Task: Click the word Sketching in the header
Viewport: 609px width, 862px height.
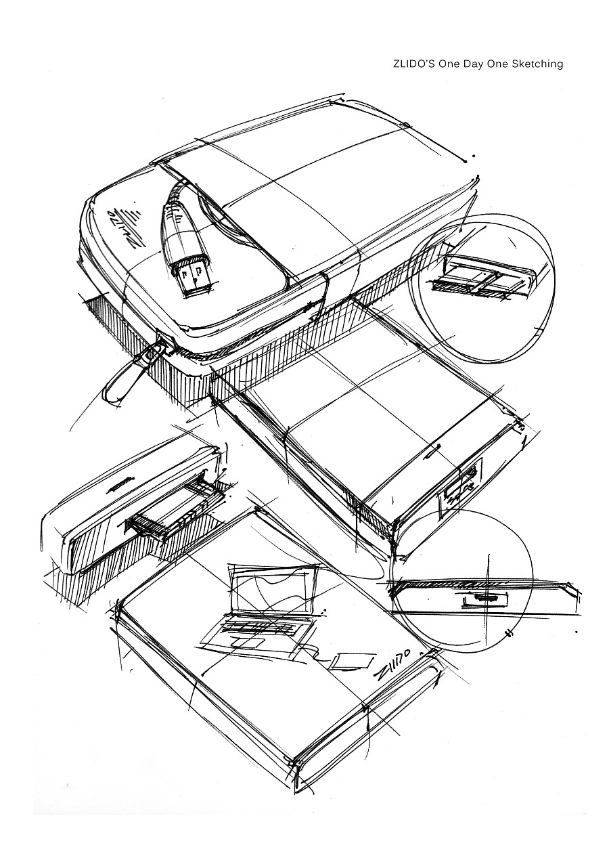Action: pyautogui.click(x=537, y=64)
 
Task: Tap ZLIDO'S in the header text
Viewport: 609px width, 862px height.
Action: pyautogui.click(x=414, y=64)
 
